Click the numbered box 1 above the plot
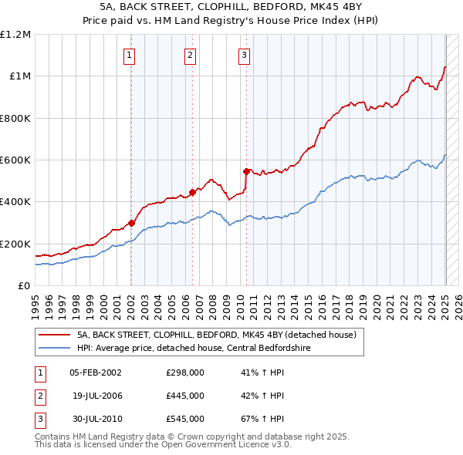coord(129,55)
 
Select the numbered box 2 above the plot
coord(190,55)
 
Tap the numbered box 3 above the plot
coord(244,55)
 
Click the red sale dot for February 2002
coord(131,224)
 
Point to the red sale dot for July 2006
coord(192,193)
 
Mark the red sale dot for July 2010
coord(246,171)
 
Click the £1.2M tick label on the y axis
coord(15,35)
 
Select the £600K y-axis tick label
coord(15,160)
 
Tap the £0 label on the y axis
coord(25,286)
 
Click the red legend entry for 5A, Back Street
coord(216,335)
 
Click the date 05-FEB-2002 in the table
coord(96,372)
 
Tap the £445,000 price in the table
coord(185,396)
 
